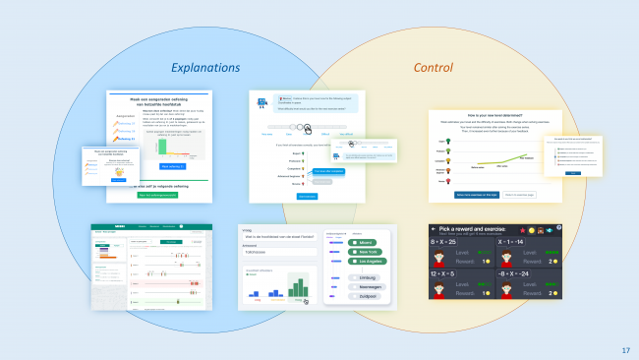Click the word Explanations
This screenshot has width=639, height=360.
coord(205,68)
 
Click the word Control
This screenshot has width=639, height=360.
coord(433,68)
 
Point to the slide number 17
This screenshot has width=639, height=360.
coord(626,351)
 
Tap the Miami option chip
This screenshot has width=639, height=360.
coord(363,242)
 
